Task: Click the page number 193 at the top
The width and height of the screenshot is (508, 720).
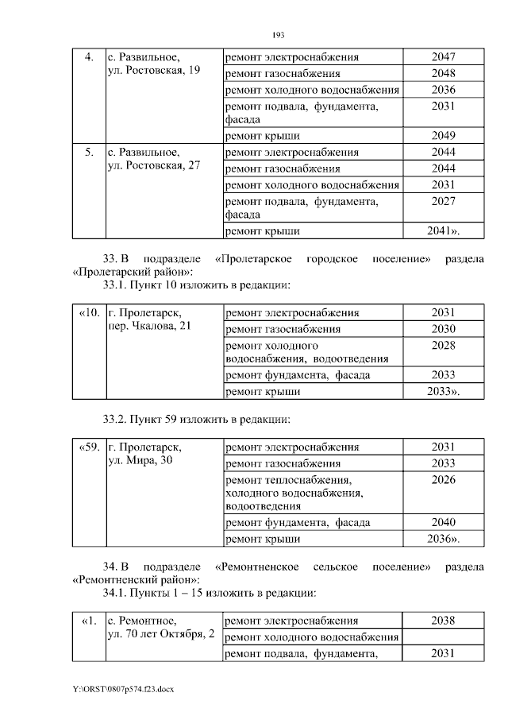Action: (x=278, y=34)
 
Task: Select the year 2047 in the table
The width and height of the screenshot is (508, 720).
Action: (x=444, y=57)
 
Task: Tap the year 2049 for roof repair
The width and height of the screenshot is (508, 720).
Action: (x=444, y=135)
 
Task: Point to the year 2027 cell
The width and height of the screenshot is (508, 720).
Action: (x=444, y=201)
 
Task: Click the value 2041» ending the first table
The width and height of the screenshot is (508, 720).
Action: (x=444, y=231)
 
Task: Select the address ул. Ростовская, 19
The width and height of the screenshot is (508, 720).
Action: (x=152, y=72)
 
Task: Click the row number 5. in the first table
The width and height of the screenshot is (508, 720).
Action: (x=89, y=152)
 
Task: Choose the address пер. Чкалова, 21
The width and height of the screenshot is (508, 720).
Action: (x=148, y=327)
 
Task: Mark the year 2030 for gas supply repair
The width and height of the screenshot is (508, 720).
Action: (x=444, y=329)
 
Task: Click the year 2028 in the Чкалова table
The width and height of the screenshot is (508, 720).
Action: (x=444, y=346)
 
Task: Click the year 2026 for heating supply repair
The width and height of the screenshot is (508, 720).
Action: (x=444, y=479)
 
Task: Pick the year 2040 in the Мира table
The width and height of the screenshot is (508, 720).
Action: (x=444, y=523)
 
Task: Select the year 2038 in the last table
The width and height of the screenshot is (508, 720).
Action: (x=444, y=621)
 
